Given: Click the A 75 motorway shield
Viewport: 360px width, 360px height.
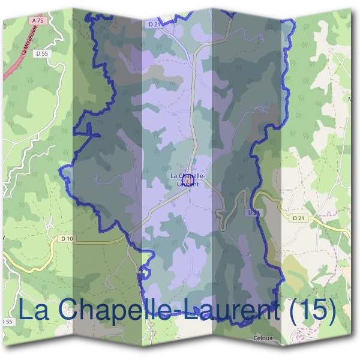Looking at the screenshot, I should [x=37, y=20].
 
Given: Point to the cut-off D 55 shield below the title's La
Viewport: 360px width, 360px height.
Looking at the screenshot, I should [x=6, y=322].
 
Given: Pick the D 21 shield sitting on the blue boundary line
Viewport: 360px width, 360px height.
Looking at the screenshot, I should [x=253, y=212].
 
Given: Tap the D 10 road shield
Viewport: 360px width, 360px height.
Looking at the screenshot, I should [x=67, y=239].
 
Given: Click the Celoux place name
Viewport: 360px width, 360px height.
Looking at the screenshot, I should [x=263, y=338].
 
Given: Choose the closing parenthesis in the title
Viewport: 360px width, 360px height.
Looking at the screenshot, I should [x=331, y=311].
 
